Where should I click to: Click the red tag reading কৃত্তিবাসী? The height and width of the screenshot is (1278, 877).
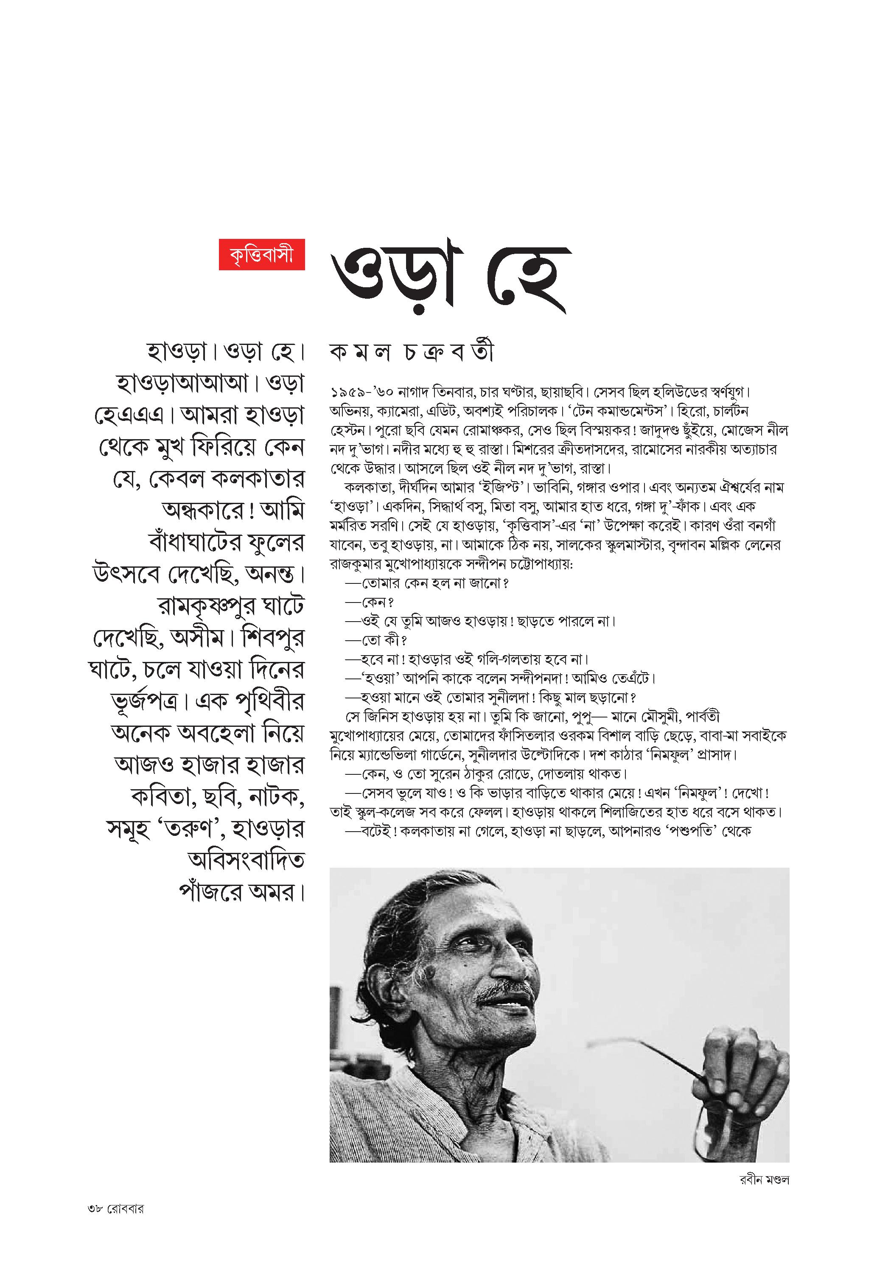click(x=262, y=255)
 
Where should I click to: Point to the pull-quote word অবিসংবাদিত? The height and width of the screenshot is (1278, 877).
click(x=246, y=860)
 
